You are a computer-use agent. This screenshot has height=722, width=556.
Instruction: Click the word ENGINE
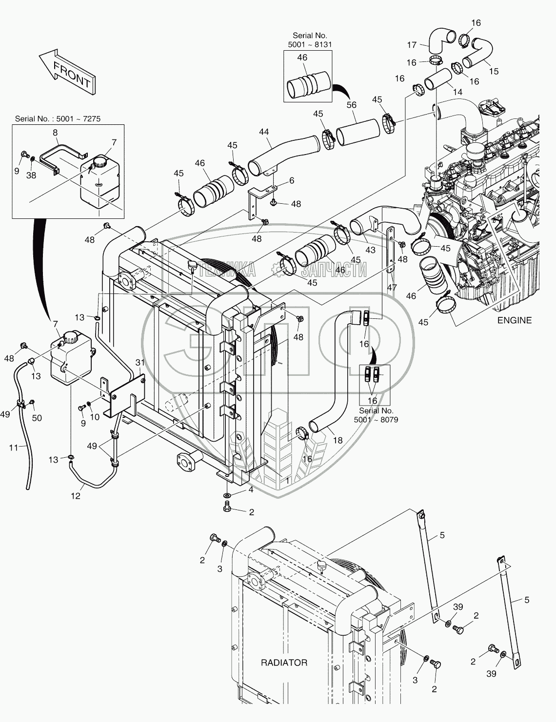click(514, 320)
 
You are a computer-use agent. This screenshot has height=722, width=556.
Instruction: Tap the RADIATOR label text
click(284, 663)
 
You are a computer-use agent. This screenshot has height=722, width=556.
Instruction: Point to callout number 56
click(351, 105)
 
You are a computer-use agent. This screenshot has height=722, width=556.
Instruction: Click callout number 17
click(412, 45)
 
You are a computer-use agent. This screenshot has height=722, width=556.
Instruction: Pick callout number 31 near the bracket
click(140, 362)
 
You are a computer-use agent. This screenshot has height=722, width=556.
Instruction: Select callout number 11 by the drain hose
click(14, 447)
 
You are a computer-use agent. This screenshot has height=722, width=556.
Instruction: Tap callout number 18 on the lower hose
click(337, 440)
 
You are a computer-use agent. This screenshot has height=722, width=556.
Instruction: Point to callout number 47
click(392, 288)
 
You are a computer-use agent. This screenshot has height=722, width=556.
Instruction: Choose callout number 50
click(37, 418)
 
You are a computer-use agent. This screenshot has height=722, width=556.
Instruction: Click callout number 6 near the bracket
click(292, 180)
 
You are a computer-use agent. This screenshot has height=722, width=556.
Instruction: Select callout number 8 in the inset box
click(55, 132)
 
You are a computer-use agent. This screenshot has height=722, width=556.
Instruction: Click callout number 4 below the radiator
click(251, 489)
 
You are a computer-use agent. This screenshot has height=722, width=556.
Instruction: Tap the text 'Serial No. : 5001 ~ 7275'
click(58, 118)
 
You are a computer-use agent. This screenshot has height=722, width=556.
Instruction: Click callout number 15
click(494, 71)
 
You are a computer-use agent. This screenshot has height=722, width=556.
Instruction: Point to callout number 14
click(457, 92)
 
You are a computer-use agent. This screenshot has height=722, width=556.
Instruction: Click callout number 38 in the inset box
click(31, 176)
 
